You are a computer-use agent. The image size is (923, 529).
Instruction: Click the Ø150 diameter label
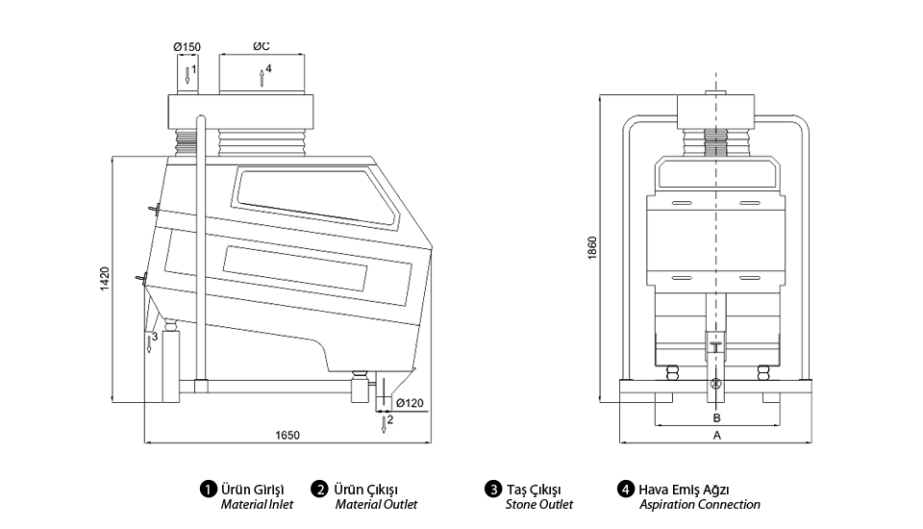(187, 47)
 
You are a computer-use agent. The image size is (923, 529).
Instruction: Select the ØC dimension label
(261, 47)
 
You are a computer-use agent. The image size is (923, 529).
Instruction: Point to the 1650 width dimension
(287, 435)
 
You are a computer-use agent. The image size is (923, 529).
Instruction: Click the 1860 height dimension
(593, 247)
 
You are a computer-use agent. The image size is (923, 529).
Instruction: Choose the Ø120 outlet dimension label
(410, 403)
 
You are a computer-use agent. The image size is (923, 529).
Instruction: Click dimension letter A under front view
(715, 435)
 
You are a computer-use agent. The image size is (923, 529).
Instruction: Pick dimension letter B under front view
(715, 418)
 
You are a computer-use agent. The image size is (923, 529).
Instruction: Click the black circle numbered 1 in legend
(207, 489)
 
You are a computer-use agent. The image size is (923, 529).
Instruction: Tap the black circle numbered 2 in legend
(320, 489)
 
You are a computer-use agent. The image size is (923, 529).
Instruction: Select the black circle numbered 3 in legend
(492, 489)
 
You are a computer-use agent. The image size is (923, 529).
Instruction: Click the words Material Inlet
(257, 505)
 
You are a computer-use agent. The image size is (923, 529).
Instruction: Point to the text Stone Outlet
(538, 505)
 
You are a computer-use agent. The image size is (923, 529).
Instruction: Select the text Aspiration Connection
(699, 505)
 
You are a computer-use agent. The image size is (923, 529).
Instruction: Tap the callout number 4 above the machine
(268, 68)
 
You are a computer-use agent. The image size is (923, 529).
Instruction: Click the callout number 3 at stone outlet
(154, 337)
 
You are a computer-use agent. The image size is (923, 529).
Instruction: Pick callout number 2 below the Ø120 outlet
(389, 420)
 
